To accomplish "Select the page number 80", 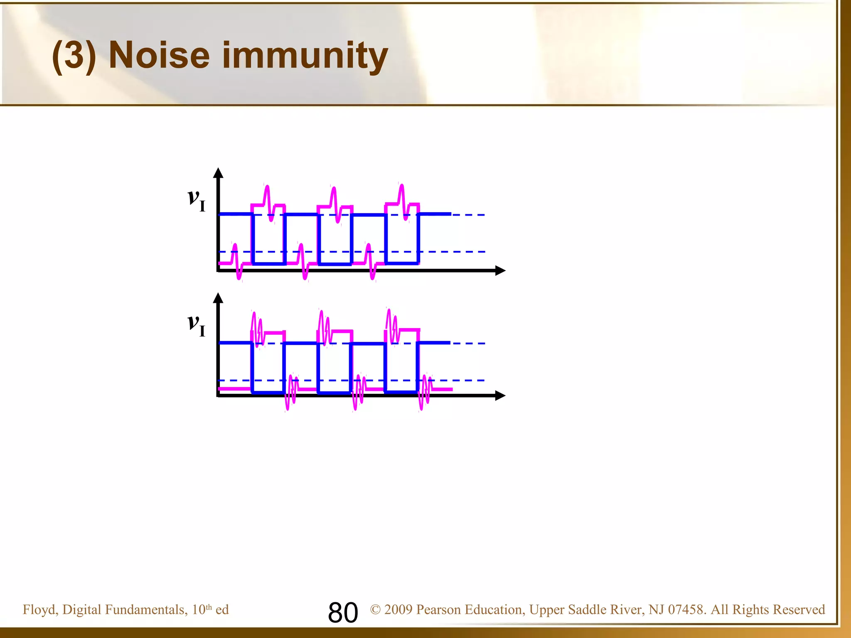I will point(343,612).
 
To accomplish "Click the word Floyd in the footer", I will point(40,610).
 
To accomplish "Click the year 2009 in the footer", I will point(398,609).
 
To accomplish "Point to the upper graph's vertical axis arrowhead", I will point(218,172).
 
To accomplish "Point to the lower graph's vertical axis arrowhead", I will point(218,297).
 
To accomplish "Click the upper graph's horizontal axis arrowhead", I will point(500,271).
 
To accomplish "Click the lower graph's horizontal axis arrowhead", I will point(500,396).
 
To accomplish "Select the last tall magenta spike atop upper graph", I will point(401,191).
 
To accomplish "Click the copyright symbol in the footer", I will point(375,609).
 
